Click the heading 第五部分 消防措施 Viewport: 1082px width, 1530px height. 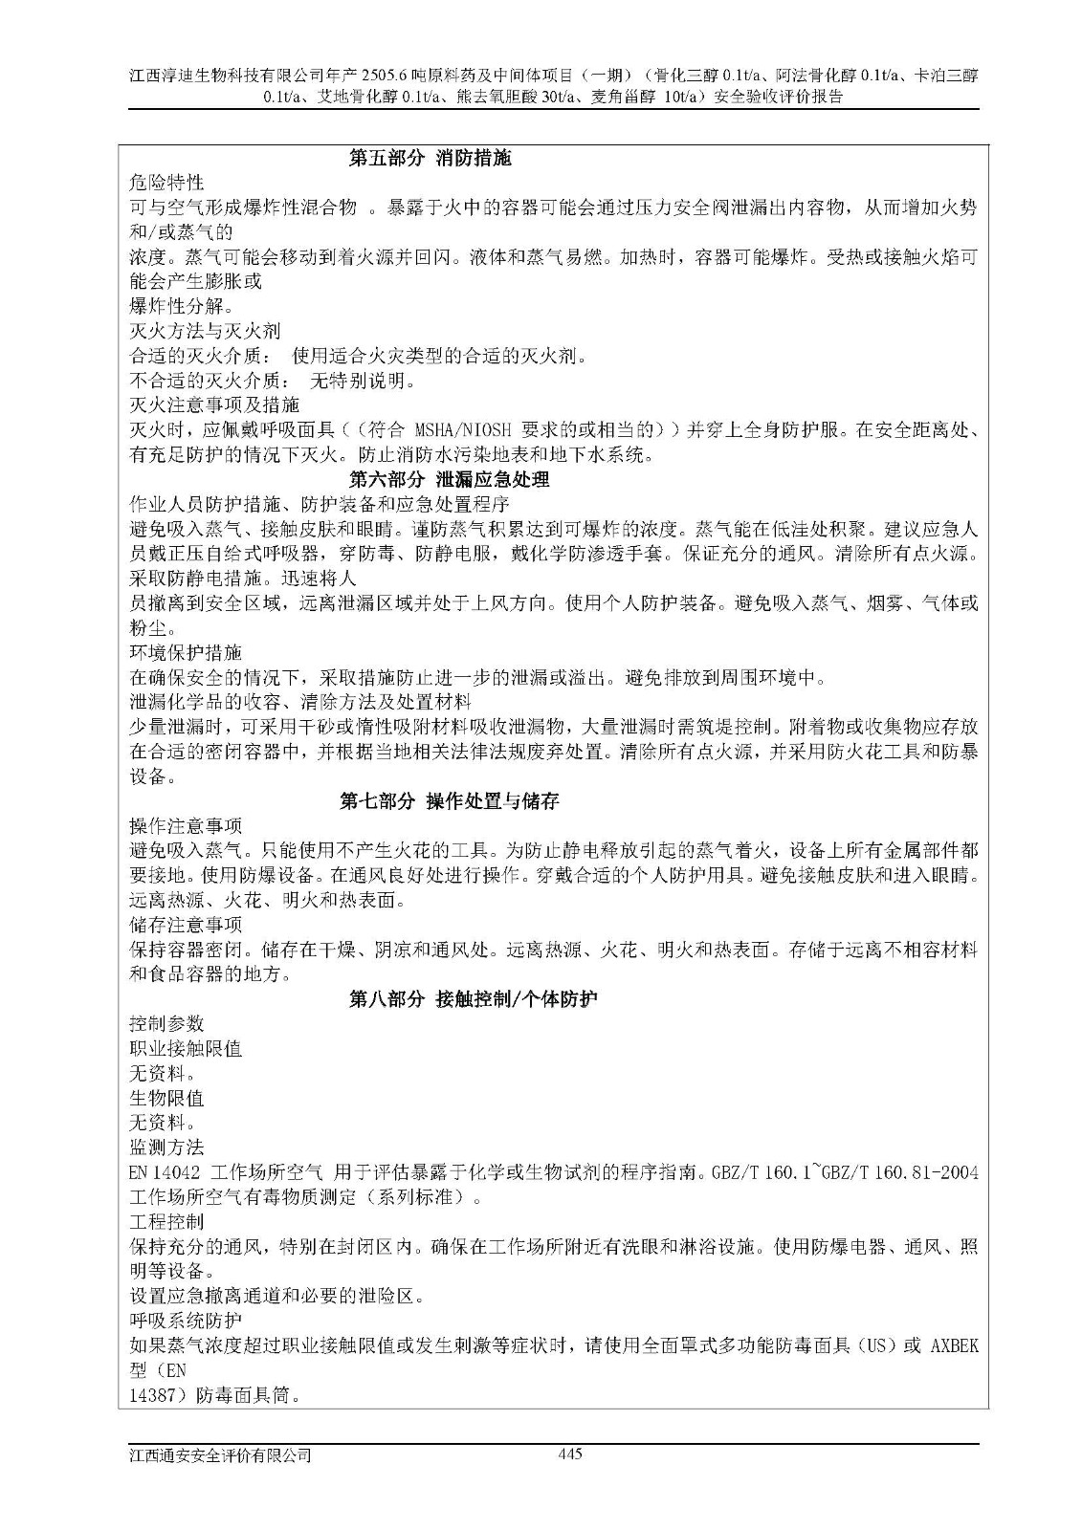[431, 159]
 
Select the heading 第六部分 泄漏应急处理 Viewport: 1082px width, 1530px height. [449, 480]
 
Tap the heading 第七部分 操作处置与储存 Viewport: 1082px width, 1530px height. [449, 801]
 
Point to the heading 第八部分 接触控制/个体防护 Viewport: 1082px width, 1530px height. [473, 999]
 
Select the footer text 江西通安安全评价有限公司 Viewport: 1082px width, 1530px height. [221, 1455]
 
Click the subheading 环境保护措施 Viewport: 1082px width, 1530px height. [186, 653]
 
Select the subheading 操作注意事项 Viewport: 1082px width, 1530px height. [186, 826]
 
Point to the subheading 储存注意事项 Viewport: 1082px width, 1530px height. [186, 925]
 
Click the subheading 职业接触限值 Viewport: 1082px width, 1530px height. [186, 1049]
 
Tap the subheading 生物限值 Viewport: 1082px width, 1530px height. [166, 1098]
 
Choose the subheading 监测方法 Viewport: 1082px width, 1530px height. [166, 1147]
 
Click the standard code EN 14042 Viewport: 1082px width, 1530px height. [165, 1172]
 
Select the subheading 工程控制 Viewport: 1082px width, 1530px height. [166, 1222]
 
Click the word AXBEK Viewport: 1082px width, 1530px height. [954, 1346]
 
